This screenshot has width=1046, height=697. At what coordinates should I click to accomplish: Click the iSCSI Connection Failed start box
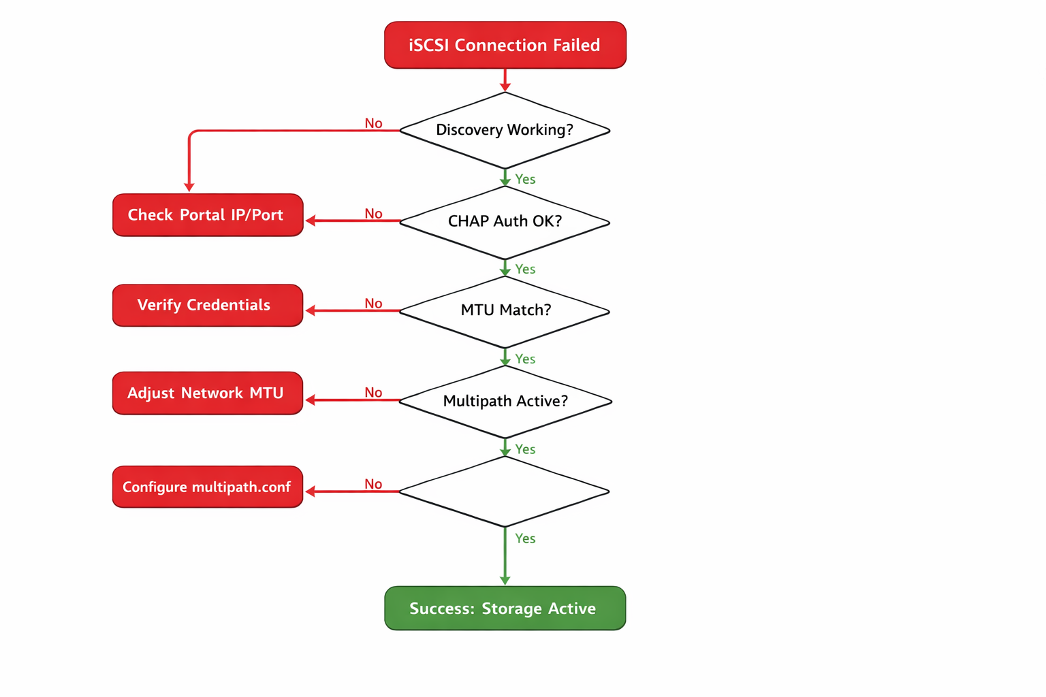point(505,45)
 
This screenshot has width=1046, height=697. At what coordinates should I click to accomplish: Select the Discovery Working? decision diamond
point(505,130)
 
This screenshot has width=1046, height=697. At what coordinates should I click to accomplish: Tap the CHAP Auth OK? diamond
point(505,221)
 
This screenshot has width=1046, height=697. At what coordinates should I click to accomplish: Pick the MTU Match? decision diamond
point(505,310)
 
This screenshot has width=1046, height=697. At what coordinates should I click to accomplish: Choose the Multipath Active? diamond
point(505,401)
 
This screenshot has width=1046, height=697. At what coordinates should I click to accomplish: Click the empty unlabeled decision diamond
point(505,491)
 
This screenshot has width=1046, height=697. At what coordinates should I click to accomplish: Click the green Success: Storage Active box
point(505,608)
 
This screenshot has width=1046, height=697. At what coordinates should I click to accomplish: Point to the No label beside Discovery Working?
point(373,123)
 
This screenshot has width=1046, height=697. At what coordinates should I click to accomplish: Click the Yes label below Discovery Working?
point(525,179)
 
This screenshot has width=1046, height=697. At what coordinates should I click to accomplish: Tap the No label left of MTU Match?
point(373,303)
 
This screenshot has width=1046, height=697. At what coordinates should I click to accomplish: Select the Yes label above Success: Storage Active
point(525,538)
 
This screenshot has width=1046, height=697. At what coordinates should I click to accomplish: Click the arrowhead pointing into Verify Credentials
point(311,310)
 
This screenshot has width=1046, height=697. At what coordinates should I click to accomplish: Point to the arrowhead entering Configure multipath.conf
point(311,491)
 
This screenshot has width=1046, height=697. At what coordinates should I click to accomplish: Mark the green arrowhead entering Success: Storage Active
point(505,580)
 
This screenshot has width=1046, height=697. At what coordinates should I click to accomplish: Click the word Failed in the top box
point(576,45)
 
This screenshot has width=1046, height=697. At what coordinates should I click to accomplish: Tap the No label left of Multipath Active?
point(373,392)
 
